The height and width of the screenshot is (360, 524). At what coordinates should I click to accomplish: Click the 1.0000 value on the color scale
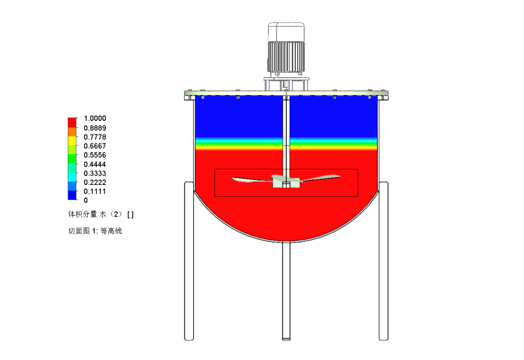click(x=95, y=118)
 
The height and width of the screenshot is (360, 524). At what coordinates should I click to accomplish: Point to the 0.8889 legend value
click(x=95, y=128)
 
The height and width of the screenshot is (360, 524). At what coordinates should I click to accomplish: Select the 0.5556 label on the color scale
click(x=95, y=155)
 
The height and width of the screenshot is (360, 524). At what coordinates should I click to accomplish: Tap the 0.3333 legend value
click(x=95, y=174)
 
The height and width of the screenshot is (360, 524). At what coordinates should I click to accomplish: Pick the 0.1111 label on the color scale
click(x=95, y=192)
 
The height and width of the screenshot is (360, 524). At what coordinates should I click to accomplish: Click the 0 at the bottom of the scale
click(x=86, y=200)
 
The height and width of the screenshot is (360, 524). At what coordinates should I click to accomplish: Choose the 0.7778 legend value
click(x=95, y=137)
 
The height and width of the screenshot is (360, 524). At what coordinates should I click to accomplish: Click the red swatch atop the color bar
click(x=72, y=122)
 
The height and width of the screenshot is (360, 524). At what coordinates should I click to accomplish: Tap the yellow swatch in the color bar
click(x=72, y=141)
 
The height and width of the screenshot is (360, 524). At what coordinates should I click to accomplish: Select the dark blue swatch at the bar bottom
click(x=72, y=195)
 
